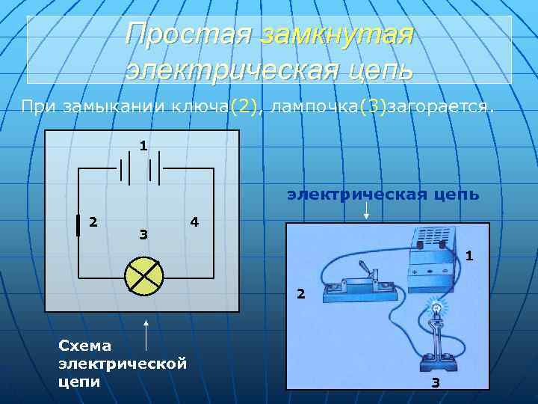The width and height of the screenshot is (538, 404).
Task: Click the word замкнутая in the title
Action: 337,34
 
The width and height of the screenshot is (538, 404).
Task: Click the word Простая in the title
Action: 191,34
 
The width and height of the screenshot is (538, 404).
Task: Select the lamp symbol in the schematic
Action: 144,275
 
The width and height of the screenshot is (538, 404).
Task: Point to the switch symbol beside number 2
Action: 78,225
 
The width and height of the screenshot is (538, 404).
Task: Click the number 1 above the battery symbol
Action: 142,144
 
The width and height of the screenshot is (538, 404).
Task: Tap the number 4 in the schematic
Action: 194,222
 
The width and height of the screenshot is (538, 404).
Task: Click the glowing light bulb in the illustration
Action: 435,306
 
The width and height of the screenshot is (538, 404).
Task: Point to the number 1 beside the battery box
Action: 469,256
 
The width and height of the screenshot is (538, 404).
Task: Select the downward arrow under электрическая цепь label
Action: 365,209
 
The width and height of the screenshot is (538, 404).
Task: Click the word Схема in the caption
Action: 84,345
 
